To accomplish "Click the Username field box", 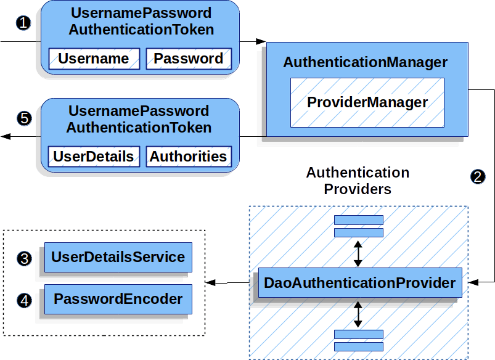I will pyautogui.click(x=94, y=59).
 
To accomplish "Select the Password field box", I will pyautogui.click(x=188, y=59).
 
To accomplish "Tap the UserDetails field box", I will pyautogui.click(x=94, y=157).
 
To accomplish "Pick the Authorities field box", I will pyautogui.click(x=188, y=157).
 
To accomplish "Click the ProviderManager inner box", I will pyautogui.click(x=367, y=102).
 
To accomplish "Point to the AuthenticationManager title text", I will pyautogui.click(x=365, y=63).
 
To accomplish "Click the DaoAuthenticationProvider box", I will pyautogui.click(x=359, y=284).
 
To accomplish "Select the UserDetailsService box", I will pyautogui.click(x=118, y=257).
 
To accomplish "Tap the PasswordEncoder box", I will pyautogui.click(x=118, y=300).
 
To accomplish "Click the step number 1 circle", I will pyautogui.click(x=23, y=23).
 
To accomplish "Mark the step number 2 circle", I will pyautogui.click(x=477, y=176).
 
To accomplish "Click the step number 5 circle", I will pyautogui.click(x=24, y=118).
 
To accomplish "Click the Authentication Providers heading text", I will pyautogui.click(x=358, y=181).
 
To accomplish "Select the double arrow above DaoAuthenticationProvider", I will pyautogui.click(x=358, y=253).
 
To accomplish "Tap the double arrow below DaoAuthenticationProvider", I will pyautogui.click(x=358, y=314).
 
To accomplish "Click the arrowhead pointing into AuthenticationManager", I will pyautogui.click(x=261, y=42).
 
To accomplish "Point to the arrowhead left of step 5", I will pyautogui.click(x=6, y=136).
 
